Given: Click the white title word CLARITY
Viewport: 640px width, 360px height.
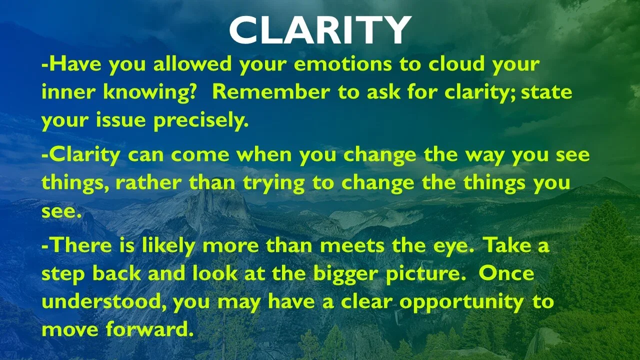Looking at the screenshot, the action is pos(320,29).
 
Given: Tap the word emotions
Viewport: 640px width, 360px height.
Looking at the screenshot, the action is pos(343,64).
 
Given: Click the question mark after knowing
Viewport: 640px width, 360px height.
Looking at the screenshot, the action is pos(190,91).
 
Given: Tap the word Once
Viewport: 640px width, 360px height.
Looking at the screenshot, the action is pos(506,273).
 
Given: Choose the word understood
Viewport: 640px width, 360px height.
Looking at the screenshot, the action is pos(101,301).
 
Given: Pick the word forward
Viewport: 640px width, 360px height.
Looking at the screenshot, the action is pos(147,329).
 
